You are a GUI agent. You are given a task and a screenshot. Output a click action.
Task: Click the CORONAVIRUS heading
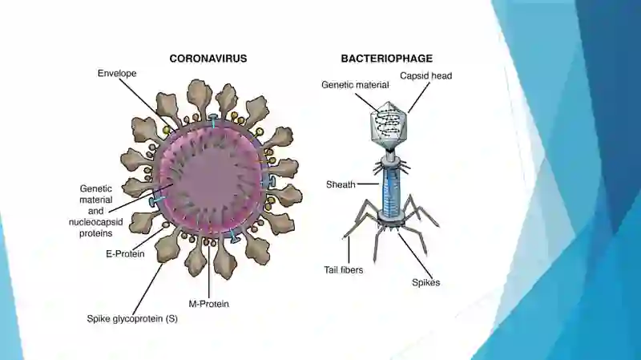pyautogui.click(x=208, y=59)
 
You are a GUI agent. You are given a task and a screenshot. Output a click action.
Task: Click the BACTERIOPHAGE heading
pyautogui.click(x=387, y=59)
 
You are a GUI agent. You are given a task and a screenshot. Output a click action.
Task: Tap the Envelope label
pyautogui.click(x=117, y=73)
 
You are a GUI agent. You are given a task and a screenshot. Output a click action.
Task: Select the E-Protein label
pyautogui.click(x=125, y=253)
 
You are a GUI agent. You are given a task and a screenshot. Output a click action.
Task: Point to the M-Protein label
pyautogui.click(x=208, y=304)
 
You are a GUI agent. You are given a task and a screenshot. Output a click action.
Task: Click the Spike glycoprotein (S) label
pyautogui.click(x=132, y=318)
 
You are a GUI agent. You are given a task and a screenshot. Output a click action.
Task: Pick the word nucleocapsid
pyautogui.click(x=95, y=222)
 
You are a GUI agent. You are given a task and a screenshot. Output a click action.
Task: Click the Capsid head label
pyautogui.click(x=426, y=75)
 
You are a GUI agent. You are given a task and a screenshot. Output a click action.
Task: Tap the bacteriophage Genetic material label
pyautogui.click(x=355, y=85)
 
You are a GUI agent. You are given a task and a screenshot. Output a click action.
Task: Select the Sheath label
pyautogui.click(x=341, y=184)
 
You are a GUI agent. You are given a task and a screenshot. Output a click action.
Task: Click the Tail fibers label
pyautogui.click(x=344, y=270)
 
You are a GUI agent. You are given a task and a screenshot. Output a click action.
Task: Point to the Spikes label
pyautogui.click(x=426, y=282)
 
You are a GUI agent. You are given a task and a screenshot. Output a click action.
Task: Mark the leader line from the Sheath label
pyautogui.click(x=369, y=184)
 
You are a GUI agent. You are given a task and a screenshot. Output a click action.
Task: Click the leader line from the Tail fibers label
pyautogui.click(x=349, y=250)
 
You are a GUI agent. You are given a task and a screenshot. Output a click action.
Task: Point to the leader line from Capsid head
pyautogui.click(x=419, y=97)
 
